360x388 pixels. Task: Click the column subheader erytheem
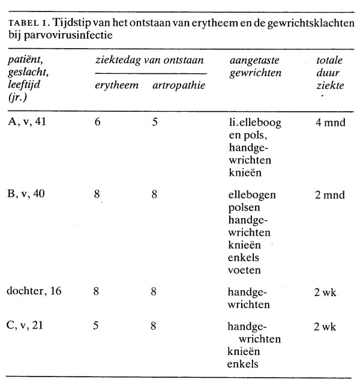(x=117, y=86)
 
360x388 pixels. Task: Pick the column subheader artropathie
(x=178, y=86)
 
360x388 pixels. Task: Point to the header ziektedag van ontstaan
(x=149, y=61)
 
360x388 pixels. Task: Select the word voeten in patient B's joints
(x=244, y=270)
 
